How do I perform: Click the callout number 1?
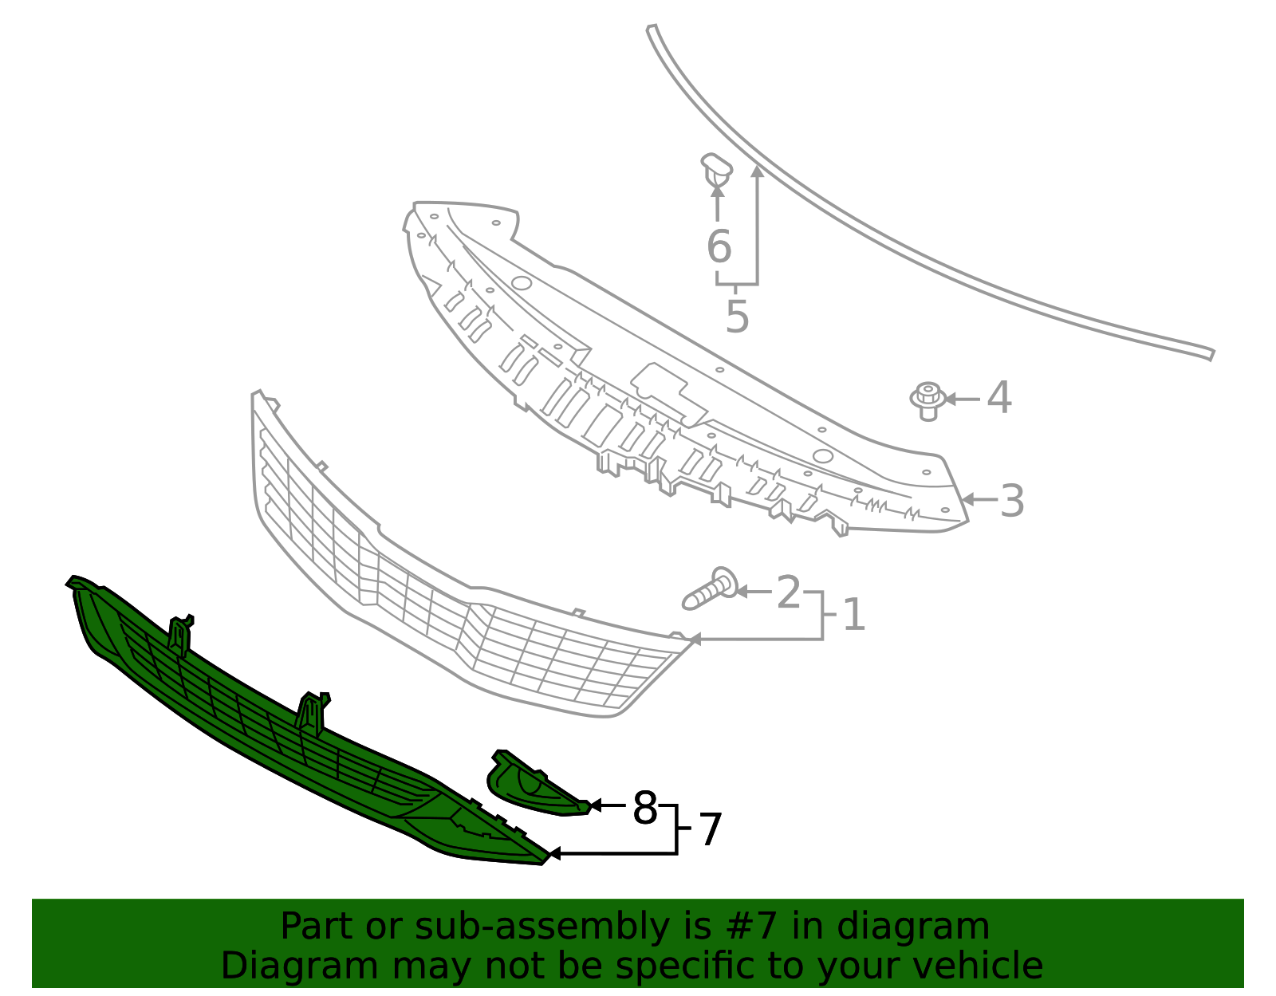[854, 615]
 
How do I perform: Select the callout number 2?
[788, 592]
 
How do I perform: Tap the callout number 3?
[1012, 501]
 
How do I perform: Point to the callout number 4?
[998, 398]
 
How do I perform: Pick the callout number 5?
[738, 317]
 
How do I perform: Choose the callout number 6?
[719, 246]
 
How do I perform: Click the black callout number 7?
[711, 830]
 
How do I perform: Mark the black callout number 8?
[644, 807]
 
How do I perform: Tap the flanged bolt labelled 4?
[927, 401]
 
